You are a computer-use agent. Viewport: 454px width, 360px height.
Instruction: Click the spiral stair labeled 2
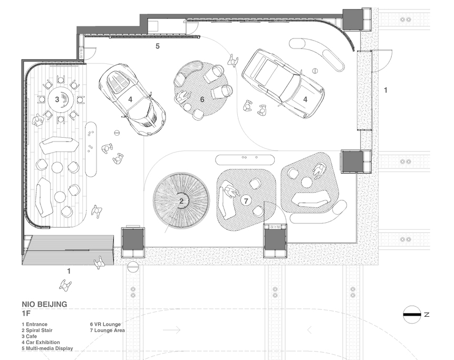pos(181,201)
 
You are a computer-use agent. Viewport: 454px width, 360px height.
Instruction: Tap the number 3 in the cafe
pos(57,99)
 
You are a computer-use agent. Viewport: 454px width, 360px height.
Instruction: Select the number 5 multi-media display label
pos(158,46)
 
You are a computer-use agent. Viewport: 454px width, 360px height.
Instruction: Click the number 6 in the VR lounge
pos(202,99)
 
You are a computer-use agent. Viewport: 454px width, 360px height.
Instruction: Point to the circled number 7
pos(246,201)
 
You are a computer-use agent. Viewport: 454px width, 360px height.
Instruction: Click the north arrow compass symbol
pos(412,314)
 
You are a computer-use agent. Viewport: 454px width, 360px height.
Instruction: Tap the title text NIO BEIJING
pos(44,305)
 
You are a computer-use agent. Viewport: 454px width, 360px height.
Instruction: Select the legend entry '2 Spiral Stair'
pos(37,330)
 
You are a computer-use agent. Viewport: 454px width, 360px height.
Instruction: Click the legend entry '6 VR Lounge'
pos(105,324)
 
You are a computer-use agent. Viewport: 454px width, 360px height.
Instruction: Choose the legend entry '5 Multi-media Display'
pos(47,348)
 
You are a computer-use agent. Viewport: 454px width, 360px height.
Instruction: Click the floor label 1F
pos(26,314)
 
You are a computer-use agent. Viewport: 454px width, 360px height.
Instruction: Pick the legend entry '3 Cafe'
pos(29,336)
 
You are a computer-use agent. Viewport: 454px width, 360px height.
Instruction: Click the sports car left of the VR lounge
pos(132,99)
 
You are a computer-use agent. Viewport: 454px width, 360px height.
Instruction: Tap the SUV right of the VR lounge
pos(283,84)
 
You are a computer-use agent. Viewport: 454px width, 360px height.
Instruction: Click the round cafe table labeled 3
pos(61,99)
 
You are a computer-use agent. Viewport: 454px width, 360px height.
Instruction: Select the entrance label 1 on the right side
pos(385,90)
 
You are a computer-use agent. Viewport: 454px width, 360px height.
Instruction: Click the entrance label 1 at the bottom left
pos(69,271)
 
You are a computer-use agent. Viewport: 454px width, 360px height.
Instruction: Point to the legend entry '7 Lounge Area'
pos(108,330)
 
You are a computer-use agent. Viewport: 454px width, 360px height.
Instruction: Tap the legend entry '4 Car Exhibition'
pos(41,343)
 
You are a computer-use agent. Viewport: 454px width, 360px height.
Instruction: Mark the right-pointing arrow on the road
pos(172,330)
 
